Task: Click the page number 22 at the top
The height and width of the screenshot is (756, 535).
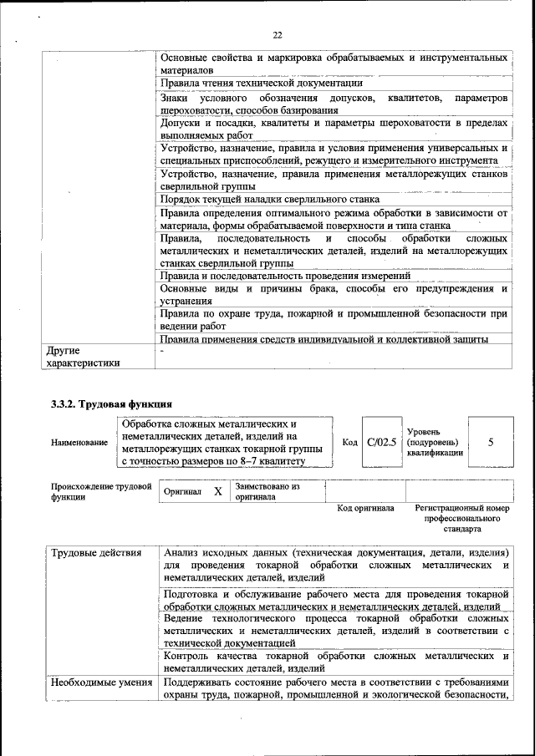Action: pos(278,34)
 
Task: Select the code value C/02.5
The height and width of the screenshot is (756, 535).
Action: pos(380,441)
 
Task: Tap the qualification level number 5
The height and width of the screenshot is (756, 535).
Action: pos(490,441)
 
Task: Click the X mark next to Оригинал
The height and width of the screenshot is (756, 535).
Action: pos(217,492)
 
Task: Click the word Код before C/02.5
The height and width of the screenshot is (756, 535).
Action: pos(351,441)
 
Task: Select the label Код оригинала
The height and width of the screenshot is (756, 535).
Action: pos(365,508)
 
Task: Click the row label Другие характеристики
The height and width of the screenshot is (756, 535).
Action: pos(84,358)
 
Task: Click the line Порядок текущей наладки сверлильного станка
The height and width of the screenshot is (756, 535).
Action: pos(270,199)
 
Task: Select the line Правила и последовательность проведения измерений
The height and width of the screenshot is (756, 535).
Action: pos(285,276)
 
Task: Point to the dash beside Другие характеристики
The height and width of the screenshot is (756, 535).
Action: pos(163,351)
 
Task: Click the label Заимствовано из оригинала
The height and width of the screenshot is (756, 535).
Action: pos(267,491)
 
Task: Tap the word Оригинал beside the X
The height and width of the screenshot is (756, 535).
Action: pos(183,493)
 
